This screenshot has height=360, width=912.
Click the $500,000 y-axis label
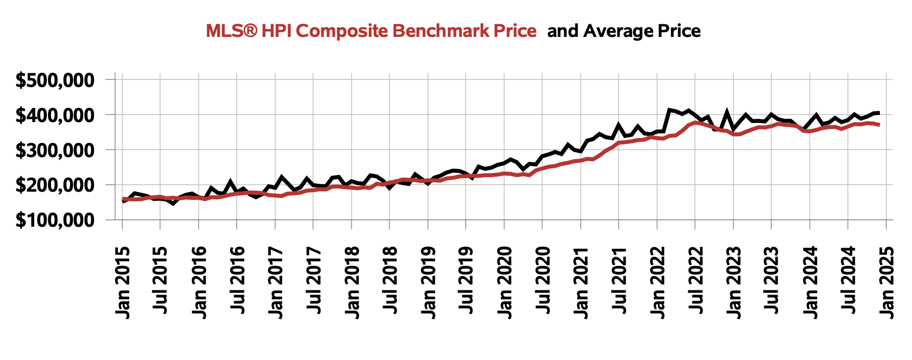point(55,80)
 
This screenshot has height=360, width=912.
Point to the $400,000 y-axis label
point(55,115)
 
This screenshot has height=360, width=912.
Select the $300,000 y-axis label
point(55,150)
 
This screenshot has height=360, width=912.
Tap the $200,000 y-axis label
point(55,185)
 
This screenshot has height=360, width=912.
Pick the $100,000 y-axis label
point(55,220)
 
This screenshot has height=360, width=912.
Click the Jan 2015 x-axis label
point(123,282)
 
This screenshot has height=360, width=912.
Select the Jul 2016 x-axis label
point(238,282)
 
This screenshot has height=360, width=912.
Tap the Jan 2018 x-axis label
point(352,282)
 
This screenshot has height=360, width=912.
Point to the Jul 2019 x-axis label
point(467,282)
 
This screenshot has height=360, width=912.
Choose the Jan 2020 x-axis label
point(505,282)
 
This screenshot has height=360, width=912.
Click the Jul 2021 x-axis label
point(620,282)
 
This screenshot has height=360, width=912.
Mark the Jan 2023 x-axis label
point(734,282)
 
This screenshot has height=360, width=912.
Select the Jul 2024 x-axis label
point(849,282)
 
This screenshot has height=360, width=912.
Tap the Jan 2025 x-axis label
point(887,282)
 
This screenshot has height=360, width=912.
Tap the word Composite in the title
point(342,31)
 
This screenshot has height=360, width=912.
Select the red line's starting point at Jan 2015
point(123,199)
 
